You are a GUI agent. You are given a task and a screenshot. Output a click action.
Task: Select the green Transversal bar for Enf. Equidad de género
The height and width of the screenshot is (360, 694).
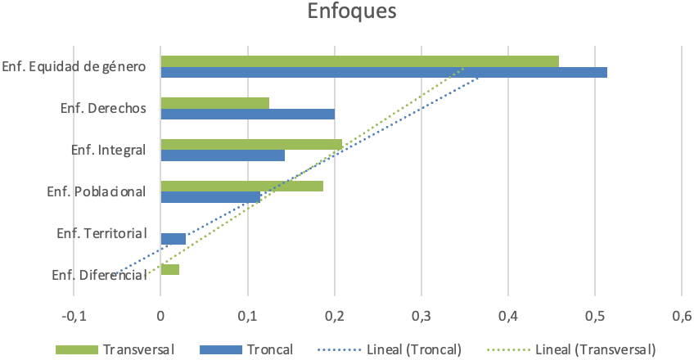[x=360, y=61]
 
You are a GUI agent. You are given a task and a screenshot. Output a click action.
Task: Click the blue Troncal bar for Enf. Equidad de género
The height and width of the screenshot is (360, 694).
[x=384, y=72]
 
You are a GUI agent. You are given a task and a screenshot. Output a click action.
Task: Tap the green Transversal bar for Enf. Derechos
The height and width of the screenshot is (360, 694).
[x=214, y=103]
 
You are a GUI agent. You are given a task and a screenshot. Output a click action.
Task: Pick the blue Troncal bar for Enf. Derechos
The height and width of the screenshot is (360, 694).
[x=247, y=114]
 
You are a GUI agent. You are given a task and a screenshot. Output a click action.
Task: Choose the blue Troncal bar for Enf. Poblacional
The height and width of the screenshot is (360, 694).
[x=210, y=197]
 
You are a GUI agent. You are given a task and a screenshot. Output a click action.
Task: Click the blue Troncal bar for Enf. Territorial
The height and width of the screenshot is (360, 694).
[x=173, y=239]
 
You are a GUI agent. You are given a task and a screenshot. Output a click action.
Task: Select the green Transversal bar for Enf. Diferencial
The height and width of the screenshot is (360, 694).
[x=170, y=270]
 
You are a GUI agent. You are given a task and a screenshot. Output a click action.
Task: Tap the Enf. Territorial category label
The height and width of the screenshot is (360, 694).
[x=101, y=234]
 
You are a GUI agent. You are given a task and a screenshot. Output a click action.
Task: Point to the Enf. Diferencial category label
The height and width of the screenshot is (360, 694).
[x=99, y=276]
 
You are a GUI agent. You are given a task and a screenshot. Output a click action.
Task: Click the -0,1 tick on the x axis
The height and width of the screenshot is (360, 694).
[x=74, y=316]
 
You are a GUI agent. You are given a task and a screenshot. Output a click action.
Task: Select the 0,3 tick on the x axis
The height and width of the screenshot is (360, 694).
[x=421, y=316]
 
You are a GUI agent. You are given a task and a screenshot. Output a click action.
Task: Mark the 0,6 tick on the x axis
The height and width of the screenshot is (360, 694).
[x=682, y=316]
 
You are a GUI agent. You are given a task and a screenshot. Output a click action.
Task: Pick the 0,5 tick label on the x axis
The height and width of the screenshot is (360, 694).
[x=595, y=316]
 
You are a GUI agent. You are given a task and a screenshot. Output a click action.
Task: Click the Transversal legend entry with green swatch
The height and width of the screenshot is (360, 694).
[x=115, y=349]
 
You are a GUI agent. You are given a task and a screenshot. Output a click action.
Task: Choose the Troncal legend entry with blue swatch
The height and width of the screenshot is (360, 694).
[x=237, y=349]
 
